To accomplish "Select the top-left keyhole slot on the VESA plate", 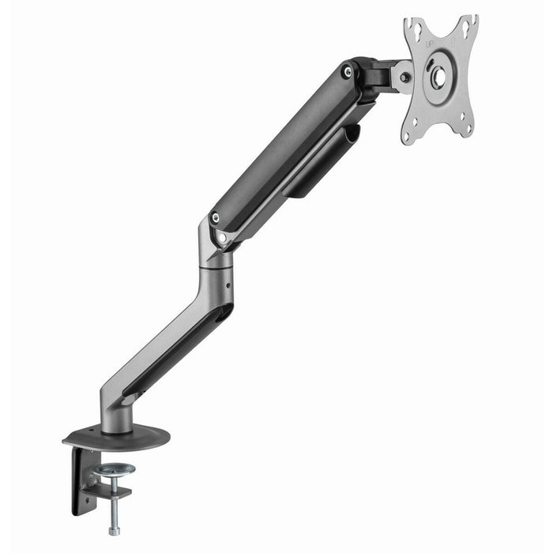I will (x=412, y=31).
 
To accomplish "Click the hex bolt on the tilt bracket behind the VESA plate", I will (x=405, y=77).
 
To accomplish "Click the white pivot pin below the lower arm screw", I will (x=221, y=236).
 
